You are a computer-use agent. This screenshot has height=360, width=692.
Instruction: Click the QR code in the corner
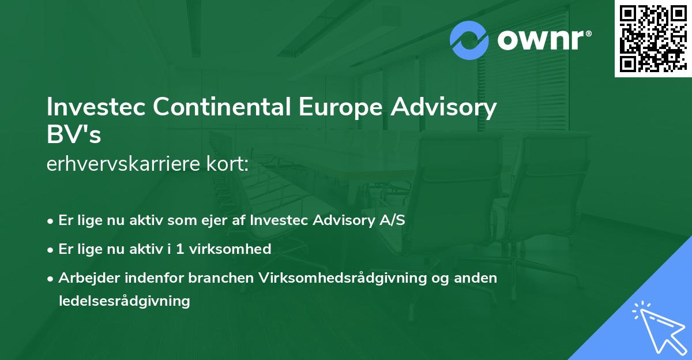(653, 39)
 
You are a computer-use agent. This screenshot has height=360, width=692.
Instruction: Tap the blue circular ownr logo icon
(469, 40)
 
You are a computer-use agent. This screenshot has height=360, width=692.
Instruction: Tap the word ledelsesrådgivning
(124, 301)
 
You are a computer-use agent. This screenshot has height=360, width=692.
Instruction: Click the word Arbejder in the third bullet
(87, 277)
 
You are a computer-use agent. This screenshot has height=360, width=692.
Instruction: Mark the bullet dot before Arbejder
(51, 278)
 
